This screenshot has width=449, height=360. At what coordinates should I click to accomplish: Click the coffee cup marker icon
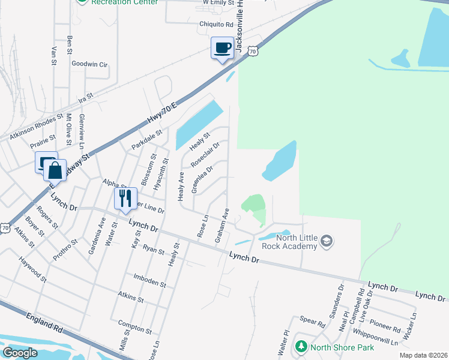coord(222,48)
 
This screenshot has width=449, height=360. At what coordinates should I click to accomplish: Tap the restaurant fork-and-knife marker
coord(125,199)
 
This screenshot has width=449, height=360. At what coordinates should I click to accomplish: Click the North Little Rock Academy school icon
coord(327,241)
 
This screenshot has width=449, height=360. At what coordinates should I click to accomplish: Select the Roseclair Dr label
coord(205,155)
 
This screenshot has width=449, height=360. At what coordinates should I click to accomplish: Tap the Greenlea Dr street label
coord(202,180)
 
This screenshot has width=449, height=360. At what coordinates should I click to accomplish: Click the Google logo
coord(20,353)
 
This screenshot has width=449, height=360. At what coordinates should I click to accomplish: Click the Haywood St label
coord(32,270)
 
